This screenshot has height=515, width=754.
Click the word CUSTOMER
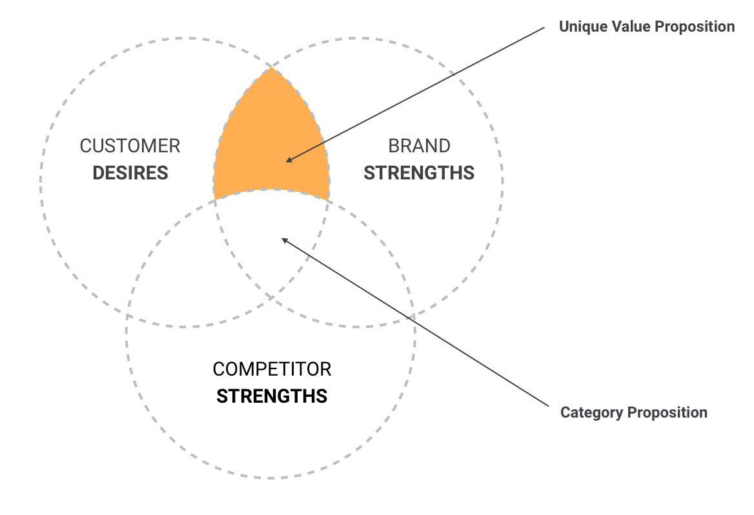pyautogui.click(x=130, y=146)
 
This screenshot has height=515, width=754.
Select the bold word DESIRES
pyautogui.click(x=130, y=173)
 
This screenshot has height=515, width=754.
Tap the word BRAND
pyautogui.click(x=419, y=146)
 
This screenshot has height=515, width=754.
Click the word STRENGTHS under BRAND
pyautogui.click(x=419, y=173)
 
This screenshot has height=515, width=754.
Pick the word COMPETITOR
pyautogui.click(x=272, y=369)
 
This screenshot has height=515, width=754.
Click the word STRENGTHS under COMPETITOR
pyautogui.click(x=272, y=396)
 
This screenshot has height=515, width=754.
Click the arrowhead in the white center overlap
pyautogui.click(x=283, y=239)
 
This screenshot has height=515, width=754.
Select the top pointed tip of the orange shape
pyautogui.click(x=272, y=68)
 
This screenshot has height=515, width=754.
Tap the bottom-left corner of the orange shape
pyautogui.click(x=216, y=197)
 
